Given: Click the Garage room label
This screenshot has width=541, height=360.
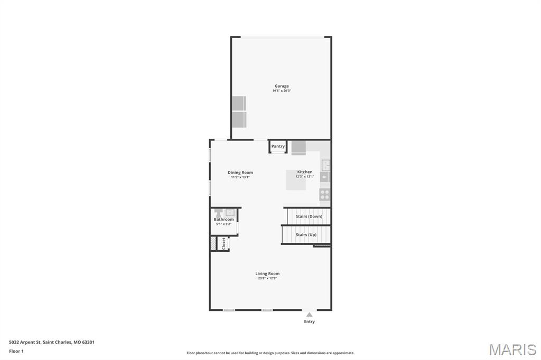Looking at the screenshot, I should (x=282, y=86).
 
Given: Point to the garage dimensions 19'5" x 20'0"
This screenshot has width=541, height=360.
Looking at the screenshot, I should (x=282, y=91).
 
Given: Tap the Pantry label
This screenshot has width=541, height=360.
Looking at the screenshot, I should (x=278, y=146).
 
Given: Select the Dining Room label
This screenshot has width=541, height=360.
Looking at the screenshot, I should (x=240, y=173).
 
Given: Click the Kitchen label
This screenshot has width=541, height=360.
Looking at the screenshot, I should (x=305, y=172).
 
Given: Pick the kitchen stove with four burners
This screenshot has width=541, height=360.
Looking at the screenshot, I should (x=325, y=194).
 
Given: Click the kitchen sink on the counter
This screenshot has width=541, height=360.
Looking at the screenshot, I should (x=326, y=165).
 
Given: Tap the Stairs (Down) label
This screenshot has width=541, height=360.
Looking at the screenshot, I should (x=309, y=216).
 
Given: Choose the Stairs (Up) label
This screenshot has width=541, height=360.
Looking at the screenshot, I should (x=306, y=235).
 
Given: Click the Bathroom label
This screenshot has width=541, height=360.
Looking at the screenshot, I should (x=223, y=220).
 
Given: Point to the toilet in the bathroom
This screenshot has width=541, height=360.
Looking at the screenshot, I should (x=218, y=213).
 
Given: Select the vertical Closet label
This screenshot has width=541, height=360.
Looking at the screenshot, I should (x=224, y=243).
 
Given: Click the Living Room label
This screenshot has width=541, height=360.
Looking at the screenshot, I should (x=267, y=273).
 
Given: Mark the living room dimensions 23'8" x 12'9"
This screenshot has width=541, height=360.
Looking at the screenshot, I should (x=267, y=278).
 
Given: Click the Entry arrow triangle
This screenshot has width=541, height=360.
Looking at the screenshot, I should (x=310, y=315).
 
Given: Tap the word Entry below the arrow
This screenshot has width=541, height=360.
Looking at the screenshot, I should (x=310, y=321).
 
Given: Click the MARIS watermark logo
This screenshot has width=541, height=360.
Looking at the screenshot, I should (x=512, y=349).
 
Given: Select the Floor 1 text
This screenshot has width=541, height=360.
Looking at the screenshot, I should (x=16, y=351).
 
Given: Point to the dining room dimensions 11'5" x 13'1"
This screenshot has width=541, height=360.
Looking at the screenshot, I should (x=240, y=177).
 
